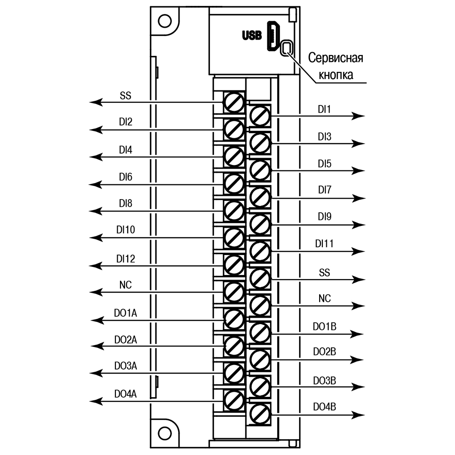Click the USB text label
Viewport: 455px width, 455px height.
252,35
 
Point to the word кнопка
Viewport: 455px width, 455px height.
337,75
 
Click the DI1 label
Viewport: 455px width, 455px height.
324,110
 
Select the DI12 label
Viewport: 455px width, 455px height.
125,259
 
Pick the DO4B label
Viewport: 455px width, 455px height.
324,406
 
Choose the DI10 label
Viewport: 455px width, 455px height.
125,230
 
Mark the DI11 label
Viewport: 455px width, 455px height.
324,244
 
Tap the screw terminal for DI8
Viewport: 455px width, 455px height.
235,210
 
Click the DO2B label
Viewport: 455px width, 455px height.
324,351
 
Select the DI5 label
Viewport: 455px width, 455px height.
324,164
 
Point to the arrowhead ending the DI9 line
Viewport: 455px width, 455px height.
359,225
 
